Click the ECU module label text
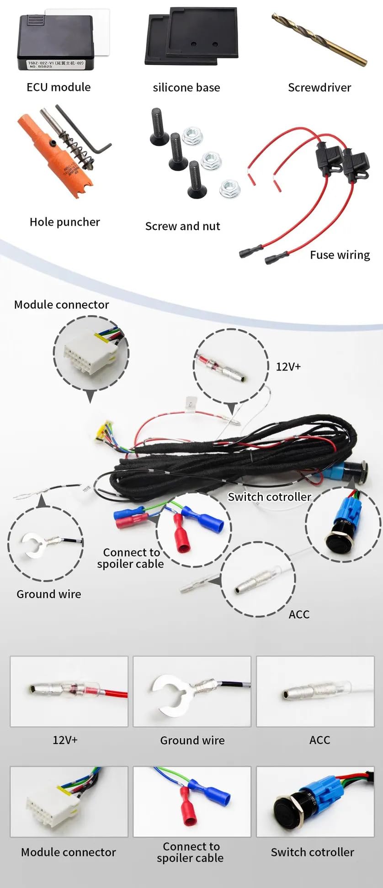coord(59,87)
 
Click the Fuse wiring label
coord(340,255)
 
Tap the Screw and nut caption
coord(182,226)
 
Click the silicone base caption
coord(186,88)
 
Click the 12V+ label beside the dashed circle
coord(288,367)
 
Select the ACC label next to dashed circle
coord(299,614)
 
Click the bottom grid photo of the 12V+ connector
coord(69,691)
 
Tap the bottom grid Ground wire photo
coord(192,691)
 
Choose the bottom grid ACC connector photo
coord(315,691)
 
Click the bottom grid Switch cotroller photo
coord(315,802)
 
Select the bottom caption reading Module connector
coord(69,852)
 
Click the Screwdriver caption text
coord(319,88)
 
